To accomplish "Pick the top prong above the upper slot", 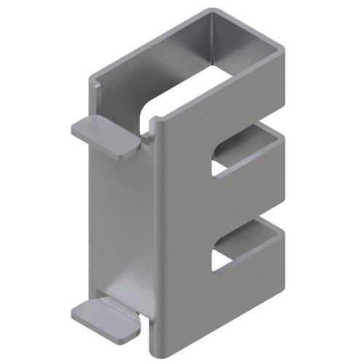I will coord(240,109).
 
